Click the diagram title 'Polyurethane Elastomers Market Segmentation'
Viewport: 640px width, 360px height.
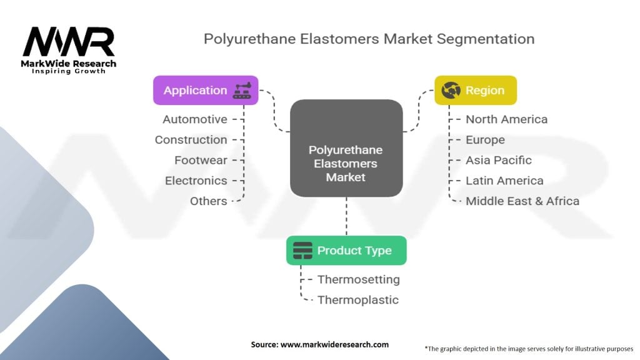point(369,39)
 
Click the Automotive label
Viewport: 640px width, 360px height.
point(195,119)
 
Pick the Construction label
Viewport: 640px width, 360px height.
point(191,139)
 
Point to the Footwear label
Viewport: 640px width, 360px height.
point(201,160)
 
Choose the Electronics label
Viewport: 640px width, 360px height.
point(196,181)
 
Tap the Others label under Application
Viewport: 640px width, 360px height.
point(208,201)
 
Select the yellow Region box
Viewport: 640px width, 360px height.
point(476,90)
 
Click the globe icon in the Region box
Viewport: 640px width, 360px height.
point(451,90)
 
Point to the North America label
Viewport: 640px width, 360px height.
point(506,119)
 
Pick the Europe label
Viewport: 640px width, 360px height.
point(485,139)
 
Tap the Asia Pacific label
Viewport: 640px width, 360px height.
point(498,160)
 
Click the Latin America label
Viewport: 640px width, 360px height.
point(504,181)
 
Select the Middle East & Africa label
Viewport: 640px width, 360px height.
point(522,201)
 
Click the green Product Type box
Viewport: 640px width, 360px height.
point(346,251)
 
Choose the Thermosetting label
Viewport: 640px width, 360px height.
point(358,279)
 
